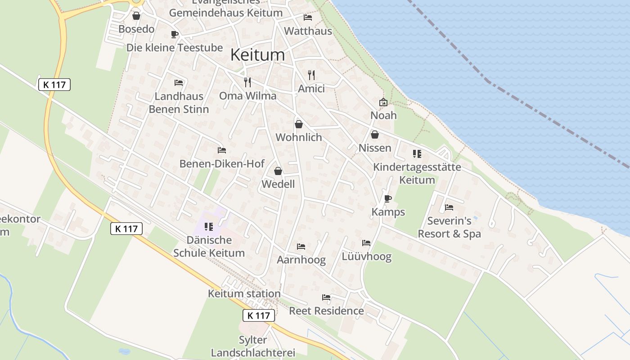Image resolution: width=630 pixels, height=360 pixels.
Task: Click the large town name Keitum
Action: click(x=257, y=55)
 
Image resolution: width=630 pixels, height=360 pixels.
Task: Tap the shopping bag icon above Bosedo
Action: click(x=136, y=16)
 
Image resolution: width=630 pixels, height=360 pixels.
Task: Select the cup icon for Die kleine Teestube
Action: click(x=175, y=34)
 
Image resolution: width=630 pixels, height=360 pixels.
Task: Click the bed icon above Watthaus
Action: click(x=308, y=18)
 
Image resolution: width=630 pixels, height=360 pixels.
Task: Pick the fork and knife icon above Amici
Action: click(x=311, y=75)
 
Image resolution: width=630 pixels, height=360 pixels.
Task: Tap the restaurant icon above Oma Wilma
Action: click(x=247, y=82)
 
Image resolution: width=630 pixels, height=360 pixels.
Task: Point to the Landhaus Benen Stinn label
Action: click(x=179, y=103)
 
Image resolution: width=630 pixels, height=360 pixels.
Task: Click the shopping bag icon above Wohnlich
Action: click(x=299, y=124)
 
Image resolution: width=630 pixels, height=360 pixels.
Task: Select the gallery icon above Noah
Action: click(x=383, y=102)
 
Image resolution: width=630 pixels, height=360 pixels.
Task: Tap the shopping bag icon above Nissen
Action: click(x=374, y=135)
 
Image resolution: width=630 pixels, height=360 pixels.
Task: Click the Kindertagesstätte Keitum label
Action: click(x=417, y=173)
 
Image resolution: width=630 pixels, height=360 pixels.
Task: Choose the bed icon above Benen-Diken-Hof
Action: click(x=221, y=150)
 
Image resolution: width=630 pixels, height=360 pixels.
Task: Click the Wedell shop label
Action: click(x=278, y=184)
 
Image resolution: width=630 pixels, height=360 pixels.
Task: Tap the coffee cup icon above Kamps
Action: click(x=388, y=198)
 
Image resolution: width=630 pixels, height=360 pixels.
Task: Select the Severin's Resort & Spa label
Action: click(x=449, y=227)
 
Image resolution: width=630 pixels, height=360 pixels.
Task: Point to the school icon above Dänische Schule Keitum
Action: click(x=209, y=226)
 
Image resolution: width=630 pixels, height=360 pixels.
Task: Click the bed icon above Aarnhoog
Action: click(x=301, y=247)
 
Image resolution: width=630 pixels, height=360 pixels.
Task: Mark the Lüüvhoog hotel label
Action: click(x=366, y=257)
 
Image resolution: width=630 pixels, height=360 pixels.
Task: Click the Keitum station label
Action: click(x=244, y=294)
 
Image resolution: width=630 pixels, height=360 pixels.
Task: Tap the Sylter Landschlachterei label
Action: click(x=253, y=346)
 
